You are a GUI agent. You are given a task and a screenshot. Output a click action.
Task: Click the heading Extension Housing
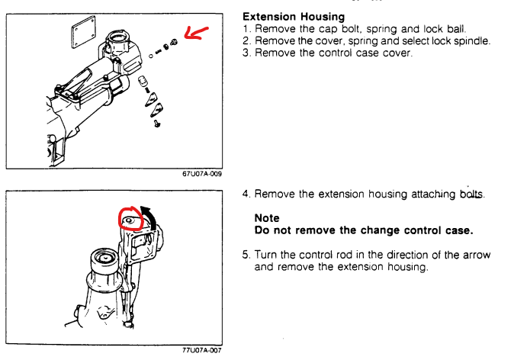pyautogui.click(x=294, y=16)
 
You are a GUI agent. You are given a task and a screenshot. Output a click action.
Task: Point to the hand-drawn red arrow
pyautogui.click(x=195, y=33)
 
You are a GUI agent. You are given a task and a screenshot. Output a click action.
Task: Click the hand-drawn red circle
pyautogui.click(x=131, y=218)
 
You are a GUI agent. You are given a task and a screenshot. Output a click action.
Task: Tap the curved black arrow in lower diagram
pyautogui.click(x=149, y=217)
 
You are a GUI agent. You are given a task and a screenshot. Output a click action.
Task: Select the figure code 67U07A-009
pyautogui.click(x=202, y=174)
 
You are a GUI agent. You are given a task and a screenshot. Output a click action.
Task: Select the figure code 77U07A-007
pyautogui.click(x=202, y=350)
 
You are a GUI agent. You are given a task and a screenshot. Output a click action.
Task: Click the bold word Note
pyautogui.click(x=267, y=218)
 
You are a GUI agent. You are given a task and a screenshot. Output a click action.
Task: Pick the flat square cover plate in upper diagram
pyautogui.click(x=84, y=32)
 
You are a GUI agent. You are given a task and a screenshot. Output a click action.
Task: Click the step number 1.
pyautogui.click(x=246, y=29)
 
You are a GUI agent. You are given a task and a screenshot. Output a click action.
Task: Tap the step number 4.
pyautogui.click(x=246, y=194)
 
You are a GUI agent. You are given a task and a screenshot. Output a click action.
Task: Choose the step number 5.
pyautogui.click(x=246, y=255)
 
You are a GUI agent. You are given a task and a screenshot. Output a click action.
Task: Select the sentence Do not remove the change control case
pyautogui.click(x=364, y=230)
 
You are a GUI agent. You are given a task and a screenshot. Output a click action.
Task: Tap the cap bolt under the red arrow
pyautogui.click(x=174, y=42)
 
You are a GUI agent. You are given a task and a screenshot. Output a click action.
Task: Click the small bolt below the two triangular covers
pyautogui.click(x=157, y=124)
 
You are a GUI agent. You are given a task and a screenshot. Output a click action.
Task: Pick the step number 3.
pyautogui.click(x=246, y=53)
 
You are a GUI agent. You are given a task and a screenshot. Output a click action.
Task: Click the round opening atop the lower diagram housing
pyautogui.click(x=104, y=258)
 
